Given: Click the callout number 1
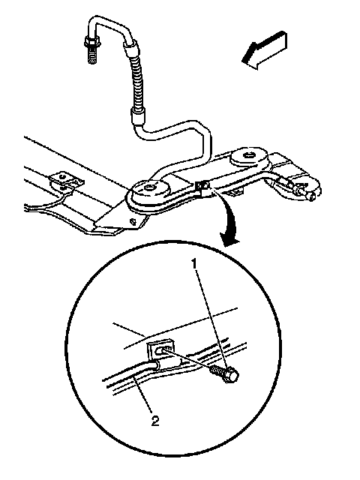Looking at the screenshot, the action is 195,264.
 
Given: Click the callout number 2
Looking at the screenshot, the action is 155,421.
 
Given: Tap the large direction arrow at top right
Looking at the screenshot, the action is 265,50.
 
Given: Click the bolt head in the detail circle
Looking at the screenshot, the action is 232,376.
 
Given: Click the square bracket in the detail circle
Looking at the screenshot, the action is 160,350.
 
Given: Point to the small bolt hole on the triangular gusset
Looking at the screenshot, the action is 133,221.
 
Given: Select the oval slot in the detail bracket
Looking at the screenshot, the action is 160,351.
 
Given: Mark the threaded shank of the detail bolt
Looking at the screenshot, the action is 218,370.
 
